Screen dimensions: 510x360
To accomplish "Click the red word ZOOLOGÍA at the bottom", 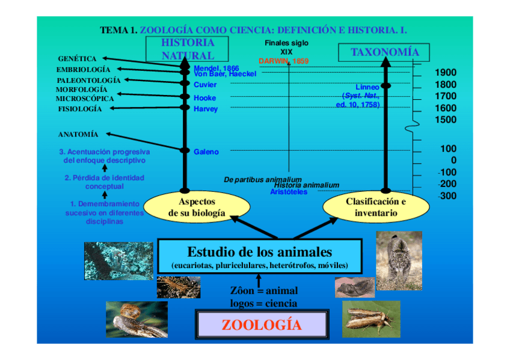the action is (x=261, y=325).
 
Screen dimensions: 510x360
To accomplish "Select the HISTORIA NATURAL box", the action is (x=188, y=49).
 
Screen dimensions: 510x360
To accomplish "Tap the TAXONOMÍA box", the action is (x=384, y=52).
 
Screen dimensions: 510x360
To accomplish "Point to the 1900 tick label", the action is (x=445, y=73).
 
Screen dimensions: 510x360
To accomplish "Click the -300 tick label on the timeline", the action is (x=447, y=195).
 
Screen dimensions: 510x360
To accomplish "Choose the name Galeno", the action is (x=206, y=152).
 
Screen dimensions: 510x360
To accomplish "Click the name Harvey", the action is (x=206, y=109).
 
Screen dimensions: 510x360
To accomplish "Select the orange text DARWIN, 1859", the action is (x=283, y=61).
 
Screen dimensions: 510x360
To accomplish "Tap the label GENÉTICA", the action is (x=77, y=59).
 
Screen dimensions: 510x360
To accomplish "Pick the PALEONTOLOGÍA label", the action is (x=88, y=80).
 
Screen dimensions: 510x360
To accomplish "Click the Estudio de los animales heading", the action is (x=259, y=251).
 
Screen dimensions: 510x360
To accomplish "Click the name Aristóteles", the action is (x=289, y=192).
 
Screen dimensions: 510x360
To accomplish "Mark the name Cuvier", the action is (x=205, y=85).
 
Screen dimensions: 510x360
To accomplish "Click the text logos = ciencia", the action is (x=263, y=304).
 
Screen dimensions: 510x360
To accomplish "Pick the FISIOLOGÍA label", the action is (x=80, y=109).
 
